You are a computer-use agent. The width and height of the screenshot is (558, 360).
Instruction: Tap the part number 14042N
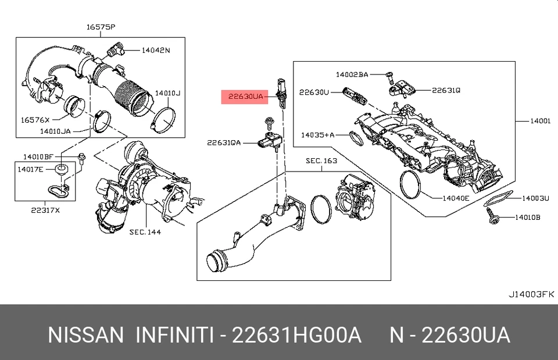click(156, 50)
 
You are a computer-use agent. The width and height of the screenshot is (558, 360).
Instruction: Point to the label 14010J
click(168, 92)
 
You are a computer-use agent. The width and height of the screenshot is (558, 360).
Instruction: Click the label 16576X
click(35, 119)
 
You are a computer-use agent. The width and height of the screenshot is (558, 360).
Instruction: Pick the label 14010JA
click(55, 131)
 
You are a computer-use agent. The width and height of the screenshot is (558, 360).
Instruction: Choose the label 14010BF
click(38, 156)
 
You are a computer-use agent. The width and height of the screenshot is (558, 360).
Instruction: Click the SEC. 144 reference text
click(145, 231)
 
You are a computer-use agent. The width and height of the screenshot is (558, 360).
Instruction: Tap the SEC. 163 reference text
click(322, 160)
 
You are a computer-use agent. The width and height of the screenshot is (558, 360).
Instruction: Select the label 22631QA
click(224, 141)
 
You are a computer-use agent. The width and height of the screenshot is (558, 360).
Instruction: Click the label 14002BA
click(352, 74)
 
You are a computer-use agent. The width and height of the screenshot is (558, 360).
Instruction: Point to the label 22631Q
click(446, 90)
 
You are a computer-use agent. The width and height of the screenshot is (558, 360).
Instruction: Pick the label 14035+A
click(318, 135)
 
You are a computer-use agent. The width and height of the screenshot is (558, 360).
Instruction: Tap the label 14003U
click(535, 198)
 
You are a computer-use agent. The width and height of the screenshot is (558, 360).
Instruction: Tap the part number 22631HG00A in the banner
click(296, 336)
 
